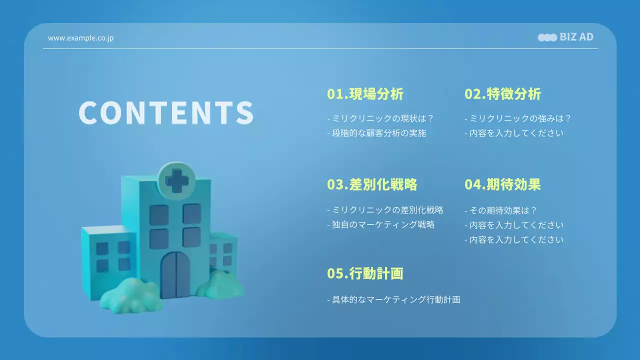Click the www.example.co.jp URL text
click(x=80, y=38)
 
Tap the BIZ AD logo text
click(x=576, y=37)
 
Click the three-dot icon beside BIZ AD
click(x=547, y=37)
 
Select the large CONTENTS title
click(x=166, y=112)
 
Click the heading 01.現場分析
click(x=365, y=94)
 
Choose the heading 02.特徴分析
click(x=502, y=94)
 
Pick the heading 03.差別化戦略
click(x=372, y=184)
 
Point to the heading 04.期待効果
click(x=502, y=184)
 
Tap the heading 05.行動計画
click(x=365, y=273)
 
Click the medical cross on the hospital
click(x=176, y=180)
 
